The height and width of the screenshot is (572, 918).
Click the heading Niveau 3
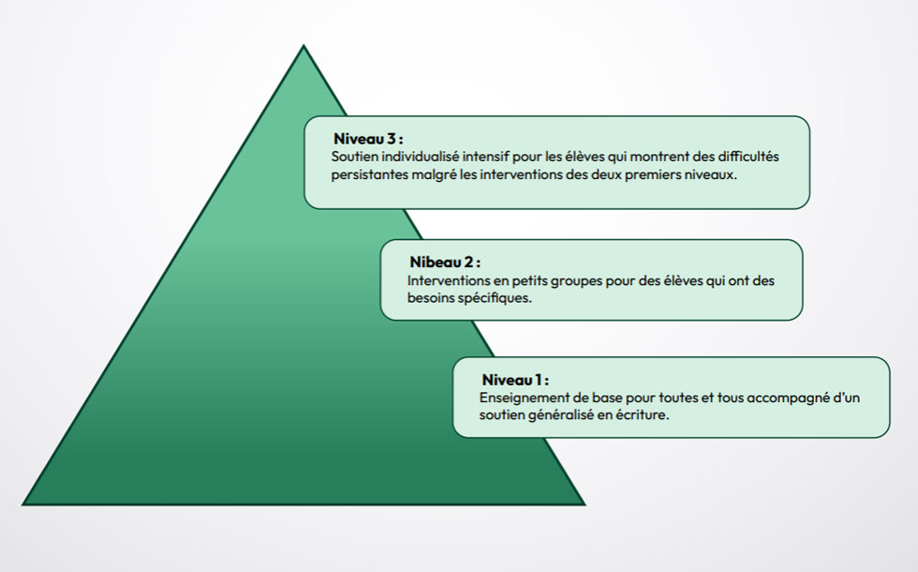click(368, 139)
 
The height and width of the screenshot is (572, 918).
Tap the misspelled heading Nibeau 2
click(445, 262)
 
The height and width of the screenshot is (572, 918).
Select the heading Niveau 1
click(515, 380)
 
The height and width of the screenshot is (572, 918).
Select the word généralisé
click(556, 414)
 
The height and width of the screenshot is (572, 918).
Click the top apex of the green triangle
click(304, 46)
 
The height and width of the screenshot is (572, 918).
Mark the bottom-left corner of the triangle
click(23, 504)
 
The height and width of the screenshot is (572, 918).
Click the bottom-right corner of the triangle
click(584, 504)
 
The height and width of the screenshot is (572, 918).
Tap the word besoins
click(431, 298)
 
